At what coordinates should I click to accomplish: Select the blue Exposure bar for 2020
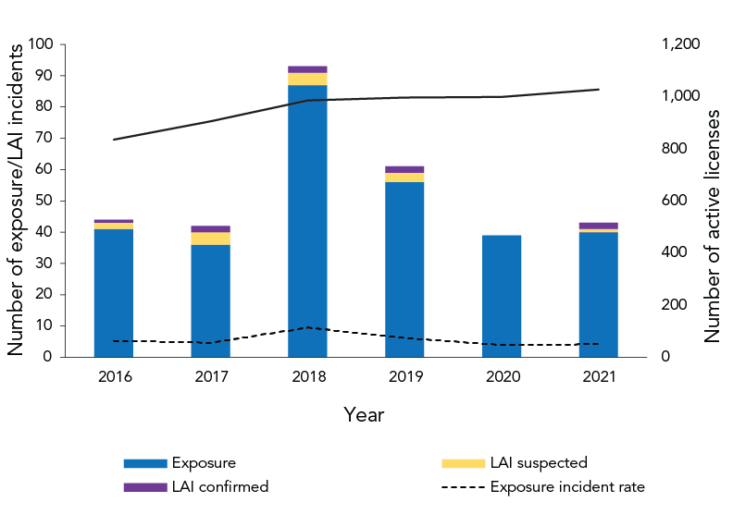(x=502, y=296)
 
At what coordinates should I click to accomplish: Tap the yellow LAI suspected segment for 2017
(x=210, y=239)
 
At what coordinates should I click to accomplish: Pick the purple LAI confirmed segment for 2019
(x=404, y=169)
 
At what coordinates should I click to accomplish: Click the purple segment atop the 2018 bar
(x=307, y=69)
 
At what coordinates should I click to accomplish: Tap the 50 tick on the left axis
(x=44, y=201)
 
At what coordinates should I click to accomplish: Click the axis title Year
(x=364, y=415)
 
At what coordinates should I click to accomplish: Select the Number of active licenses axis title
(x=713, y=227)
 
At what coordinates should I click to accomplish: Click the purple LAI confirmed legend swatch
(x=144, y=487)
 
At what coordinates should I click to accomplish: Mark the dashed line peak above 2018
(x=307, y=327)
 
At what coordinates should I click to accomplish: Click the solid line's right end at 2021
(x=599, y=90)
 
